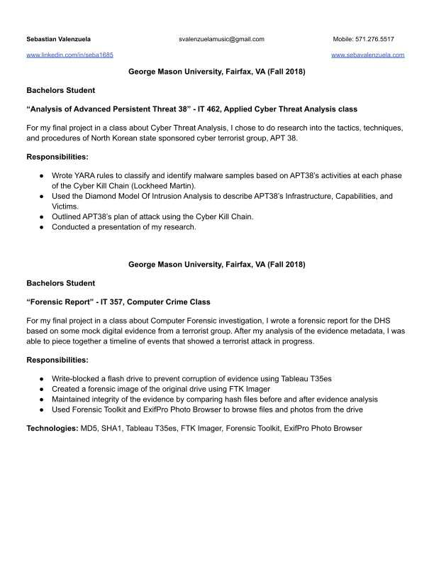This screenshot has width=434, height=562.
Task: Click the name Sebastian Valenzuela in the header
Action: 58,39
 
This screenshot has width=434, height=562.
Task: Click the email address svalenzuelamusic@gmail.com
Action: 221,39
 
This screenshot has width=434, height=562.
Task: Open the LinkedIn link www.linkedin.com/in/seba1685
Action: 69,55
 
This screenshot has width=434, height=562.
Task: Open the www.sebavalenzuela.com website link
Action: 367,55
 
